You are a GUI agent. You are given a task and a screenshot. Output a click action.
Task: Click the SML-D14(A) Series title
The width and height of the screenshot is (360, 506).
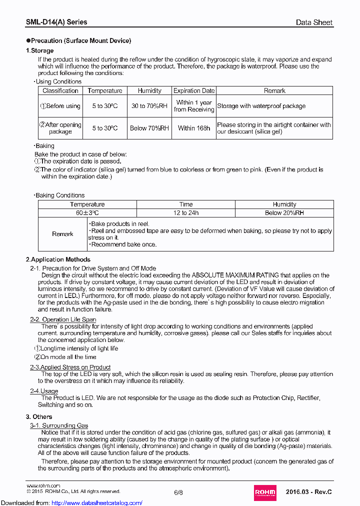point(56,22)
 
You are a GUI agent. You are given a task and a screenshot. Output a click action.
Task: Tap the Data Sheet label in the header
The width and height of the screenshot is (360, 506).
point(314,22)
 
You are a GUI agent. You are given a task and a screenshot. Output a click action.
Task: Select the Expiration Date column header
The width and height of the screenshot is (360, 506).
point(194,90)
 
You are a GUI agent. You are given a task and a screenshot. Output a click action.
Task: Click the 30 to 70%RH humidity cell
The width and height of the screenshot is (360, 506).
point(149,106)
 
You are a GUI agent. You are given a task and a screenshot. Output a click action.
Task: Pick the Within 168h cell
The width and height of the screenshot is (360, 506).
point(194,128)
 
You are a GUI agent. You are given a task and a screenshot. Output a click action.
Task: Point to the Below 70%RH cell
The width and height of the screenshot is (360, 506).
point(149,128)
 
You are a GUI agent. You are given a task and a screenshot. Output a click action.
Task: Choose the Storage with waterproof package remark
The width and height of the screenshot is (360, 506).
point(261,106)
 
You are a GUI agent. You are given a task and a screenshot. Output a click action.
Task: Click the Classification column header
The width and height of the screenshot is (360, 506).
point(60,90)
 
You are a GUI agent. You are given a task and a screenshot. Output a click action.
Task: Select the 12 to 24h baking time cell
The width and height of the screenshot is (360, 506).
point(186,213)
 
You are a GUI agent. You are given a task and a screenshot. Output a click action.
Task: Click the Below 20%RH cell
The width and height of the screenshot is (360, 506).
point(284,213)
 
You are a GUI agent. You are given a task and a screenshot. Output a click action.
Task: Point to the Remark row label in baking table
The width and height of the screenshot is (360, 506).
point(62,234)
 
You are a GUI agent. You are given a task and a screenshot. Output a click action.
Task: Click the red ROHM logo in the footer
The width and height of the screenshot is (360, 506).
point(265,492)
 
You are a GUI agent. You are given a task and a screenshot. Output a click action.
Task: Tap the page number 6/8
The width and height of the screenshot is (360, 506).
point(178,492)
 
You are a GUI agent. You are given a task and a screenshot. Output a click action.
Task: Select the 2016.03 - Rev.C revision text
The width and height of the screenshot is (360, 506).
point(309,492)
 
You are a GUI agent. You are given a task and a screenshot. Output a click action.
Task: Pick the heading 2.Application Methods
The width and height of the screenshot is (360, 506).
point(58,259)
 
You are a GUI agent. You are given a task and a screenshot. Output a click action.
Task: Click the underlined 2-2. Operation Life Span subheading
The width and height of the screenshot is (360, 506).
point(63,319)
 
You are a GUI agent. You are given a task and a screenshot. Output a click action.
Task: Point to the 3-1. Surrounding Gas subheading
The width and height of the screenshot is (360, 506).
point(59,425)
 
